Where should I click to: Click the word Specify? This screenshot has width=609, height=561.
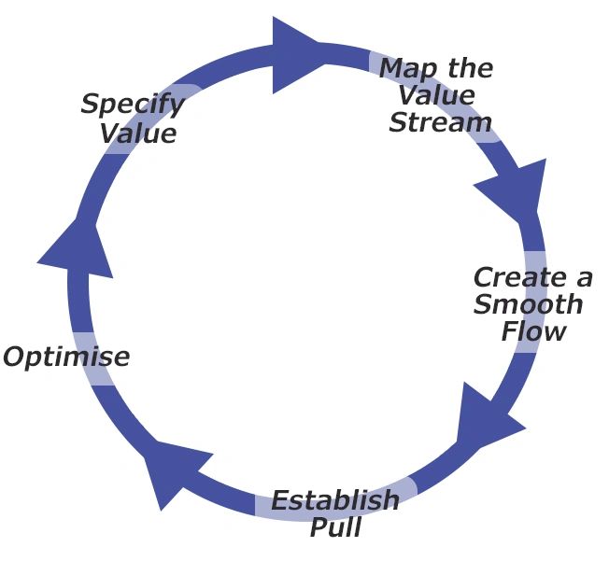point(132,105)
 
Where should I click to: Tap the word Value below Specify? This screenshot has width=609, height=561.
point(138,133)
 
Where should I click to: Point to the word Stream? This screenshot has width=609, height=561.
point(440,122)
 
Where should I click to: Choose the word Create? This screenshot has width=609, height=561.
point(519,278)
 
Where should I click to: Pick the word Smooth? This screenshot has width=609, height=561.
point(528,305)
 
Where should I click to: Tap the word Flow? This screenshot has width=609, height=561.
point(533,331)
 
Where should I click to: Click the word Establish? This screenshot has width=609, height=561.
point(334,501)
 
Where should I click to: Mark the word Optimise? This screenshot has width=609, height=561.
point(65,358)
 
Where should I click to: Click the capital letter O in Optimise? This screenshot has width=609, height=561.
point(16,358)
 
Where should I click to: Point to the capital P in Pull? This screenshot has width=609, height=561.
point(317,527)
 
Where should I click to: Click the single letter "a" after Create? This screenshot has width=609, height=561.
point(584,278)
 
